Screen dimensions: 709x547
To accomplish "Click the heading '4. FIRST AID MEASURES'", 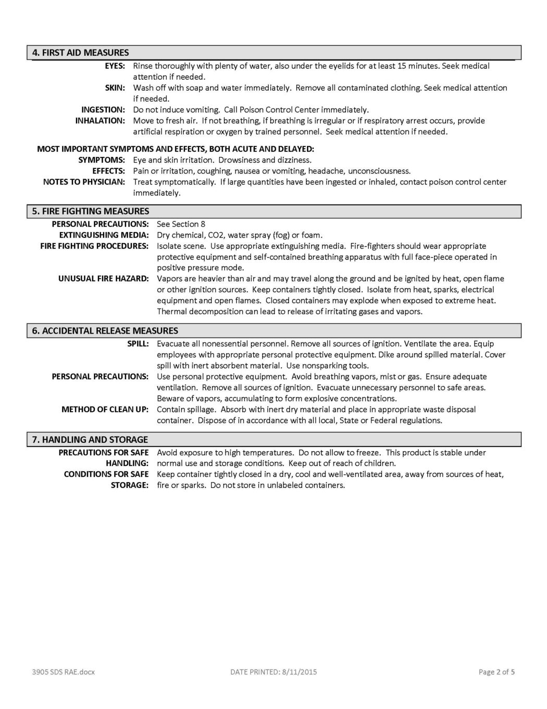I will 80,53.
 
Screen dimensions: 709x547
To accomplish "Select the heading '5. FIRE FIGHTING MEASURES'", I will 91,211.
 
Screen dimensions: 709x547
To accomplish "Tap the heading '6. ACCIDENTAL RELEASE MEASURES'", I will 105,331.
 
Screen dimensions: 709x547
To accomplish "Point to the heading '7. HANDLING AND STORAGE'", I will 90,440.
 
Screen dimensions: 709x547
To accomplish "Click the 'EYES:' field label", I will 115,66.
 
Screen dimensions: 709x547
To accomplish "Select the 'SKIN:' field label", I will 115,88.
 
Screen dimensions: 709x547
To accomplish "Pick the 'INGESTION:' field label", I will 103,110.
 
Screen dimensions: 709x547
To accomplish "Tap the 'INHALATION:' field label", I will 100,121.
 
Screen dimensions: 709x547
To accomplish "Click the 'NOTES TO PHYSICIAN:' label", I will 84,182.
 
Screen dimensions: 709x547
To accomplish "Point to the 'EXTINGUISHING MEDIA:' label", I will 104,235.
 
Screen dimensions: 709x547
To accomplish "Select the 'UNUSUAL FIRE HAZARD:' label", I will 103,279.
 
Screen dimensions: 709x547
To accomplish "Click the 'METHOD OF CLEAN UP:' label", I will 105,410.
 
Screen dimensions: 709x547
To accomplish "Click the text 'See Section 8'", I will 181,224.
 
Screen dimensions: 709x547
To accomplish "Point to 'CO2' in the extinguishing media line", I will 215,235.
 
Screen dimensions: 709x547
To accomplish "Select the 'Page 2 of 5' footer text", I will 496,672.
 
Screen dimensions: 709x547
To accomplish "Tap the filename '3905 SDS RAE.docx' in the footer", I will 63,672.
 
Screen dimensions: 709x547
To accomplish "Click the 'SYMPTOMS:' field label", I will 102,160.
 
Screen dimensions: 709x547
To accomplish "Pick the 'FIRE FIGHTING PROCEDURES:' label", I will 94,246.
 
